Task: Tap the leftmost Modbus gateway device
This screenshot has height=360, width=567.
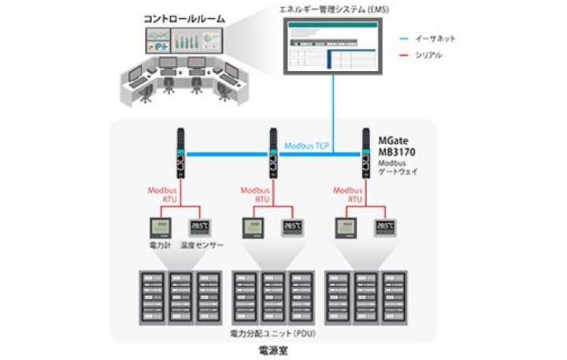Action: pos(180,153)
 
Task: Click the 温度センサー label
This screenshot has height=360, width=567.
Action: pos(202,246)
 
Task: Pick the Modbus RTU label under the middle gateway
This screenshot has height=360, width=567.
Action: pos(254,195)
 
